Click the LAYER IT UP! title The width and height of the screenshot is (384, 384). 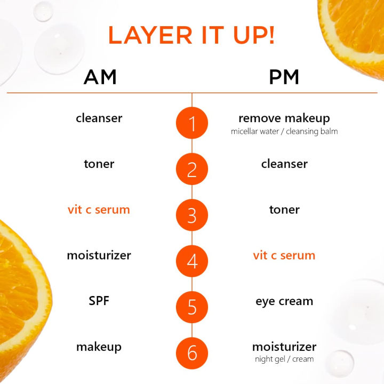click(x=192, y=35)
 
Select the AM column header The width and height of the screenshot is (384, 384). click(x=100, y=77)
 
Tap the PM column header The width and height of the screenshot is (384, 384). click(x=284, y=77)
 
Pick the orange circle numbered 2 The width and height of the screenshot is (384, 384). click(x=192, y=170)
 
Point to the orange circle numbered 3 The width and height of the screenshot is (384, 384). click(x=192, y=216)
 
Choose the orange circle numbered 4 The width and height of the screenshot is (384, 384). click(x=192, y=262)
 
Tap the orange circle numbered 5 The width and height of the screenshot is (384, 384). click(x=192, y=308)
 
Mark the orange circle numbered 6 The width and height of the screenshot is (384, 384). click(x=192, y=354)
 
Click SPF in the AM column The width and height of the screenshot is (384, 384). click(x=99, y=301)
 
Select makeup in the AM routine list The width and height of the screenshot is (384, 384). click(x=99, y=347)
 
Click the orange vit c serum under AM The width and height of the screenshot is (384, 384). click(x=99, y=210)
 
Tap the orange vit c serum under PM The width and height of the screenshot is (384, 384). click(x=284, y=255)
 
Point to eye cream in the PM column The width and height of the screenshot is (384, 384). click(x=284, y=301)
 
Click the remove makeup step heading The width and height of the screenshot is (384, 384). click(x=284, y=118)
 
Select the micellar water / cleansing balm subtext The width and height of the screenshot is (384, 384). click(x=284, y=131)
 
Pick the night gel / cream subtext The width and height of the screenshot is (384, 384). click(x=284, y=359)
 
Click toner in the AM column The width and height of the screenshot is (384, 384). click(x=99, y=164)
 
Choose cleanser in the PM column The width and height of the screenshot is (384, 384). click(x=284, y=164)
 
